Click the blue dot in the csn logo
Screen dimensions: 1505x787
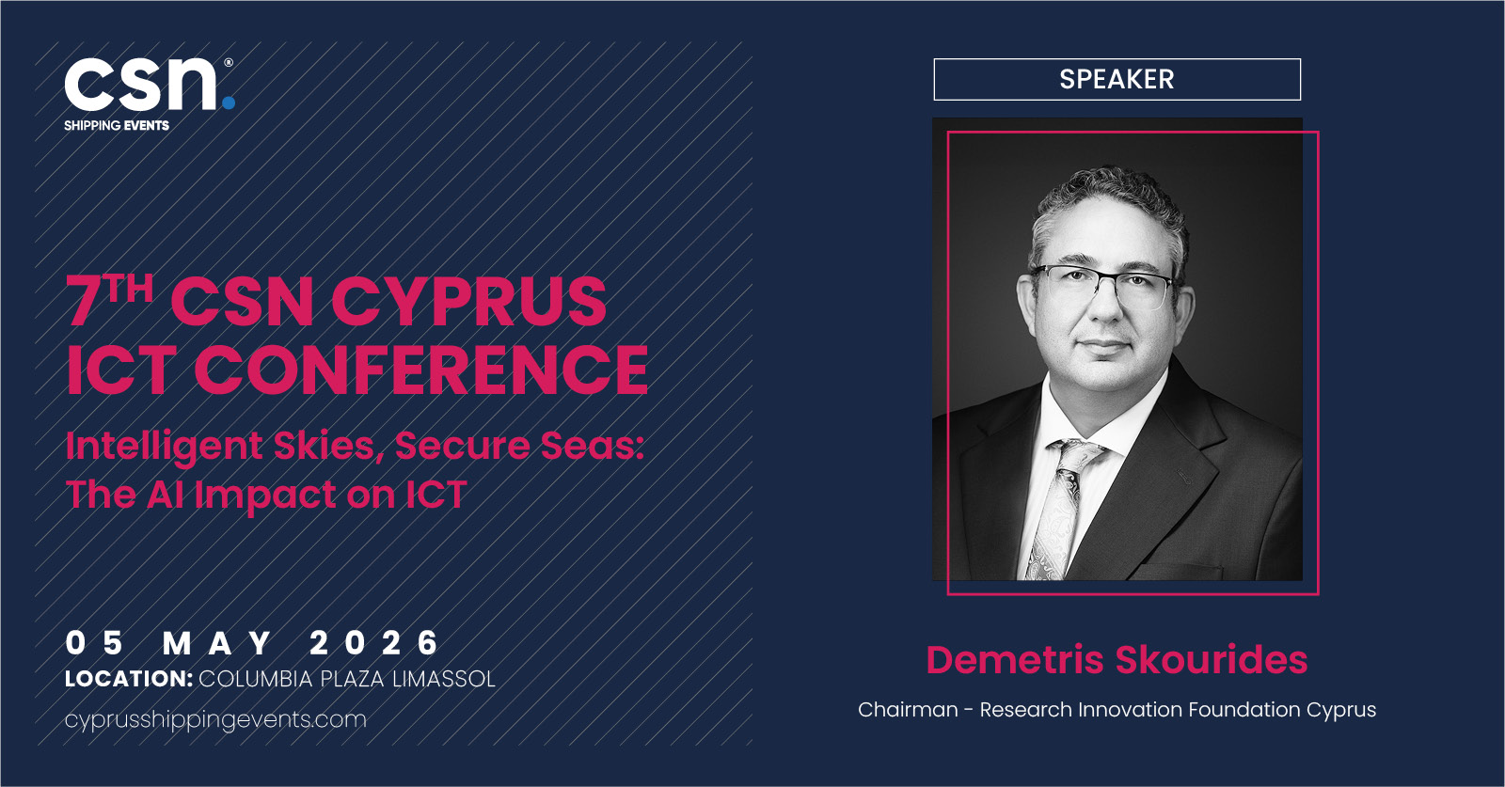pyautogui.click(x=229, y=102)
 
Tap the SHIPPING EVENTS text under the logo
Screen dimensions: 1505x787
pyautogui.click(x=117, y=126)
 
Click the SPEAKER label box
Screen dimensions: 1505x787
pyautogui.click(x=1117, y=79)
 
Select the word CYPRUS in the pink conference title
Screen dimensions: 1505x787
pyautogui.click(x=469, y=302)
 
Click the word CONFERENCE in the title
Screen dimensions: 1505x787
pyautogui.click(x=421, y=370)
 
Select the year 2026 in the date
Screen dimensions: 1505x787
pyautogui.click(x=373, y=642)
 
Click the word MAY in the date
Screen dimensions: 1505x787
pyautogui.click(x=217, y=643)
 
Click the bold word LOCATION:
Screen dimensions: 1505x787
pyautogui.click(x=129, y=679)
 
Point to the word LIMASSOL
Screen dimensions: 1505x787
pyautogui.click(x=443, y=679)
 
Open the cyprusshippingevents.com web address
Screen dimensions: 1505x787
pyautogui.click(x=215, y=720)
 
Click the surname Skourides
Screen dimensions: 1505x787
pyautogui.click(x=1212, y=659)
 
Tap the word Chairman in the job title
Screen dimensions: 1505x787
pyautogui.click(x=908, y=710)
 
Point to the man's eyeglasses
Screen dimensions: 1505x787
pyautogui.click(x=1105, y=285)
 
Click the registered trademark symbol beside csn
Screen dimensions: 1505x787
pyautogui.click(x=229, y=62)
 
